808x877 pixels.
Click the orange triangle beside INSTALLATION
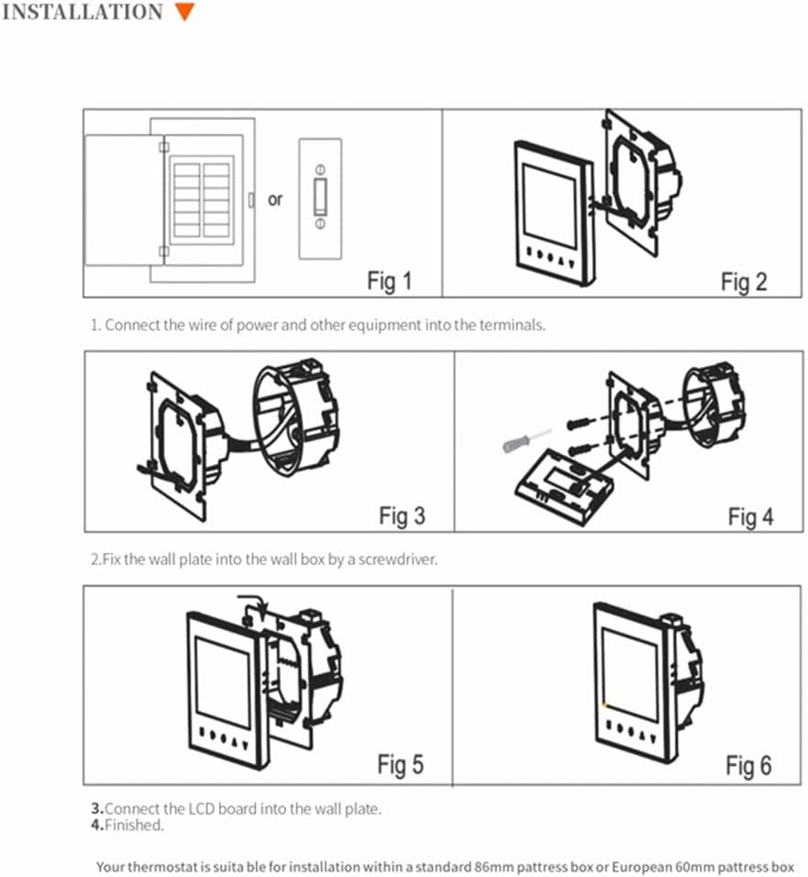185,11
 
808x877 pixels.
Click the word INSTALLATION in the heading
83,12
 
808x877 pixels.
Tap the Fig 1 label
390,281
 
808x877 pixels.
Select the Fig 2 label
744,283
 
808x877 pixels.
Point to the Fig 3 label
402,516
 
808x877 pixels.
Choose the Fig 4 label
750,516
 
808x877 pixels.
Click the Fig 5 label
401,764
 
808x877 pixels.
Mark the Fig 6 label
748,766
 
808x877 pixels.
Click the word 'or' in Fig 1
275,200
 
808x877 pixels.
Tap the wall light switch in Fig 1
320,198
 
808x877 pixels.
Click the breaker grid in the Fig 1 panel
201,200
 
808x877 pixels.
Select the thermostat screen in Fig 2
549,205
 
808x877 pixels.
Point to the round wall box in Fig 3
295,416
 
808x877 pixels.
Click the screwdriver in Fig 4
526,440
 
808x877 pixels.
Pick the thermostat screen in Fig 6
630,674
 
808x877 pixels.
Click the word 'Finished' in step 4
134,825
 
